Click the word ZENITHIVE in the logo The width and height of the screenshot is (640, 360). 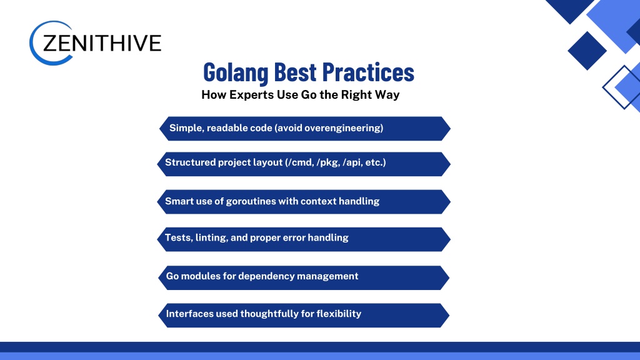pyautogui.click(x=102, y=43)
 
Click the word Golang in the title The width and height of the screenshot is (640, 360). pyautogui.click(x=236, y=72)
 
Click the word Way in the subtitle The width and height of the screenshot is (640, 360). pyautogui.click(x=387, y=95)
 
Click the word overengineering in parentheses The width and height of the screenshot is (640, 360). pyautogui.click(x=342, y=128)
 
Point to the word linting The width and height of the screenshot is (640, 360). pyautogui.click(x=211, y=237)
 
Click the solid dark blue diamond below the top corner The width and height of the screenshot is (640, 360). pyautogui.click(x=587, y=51)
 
